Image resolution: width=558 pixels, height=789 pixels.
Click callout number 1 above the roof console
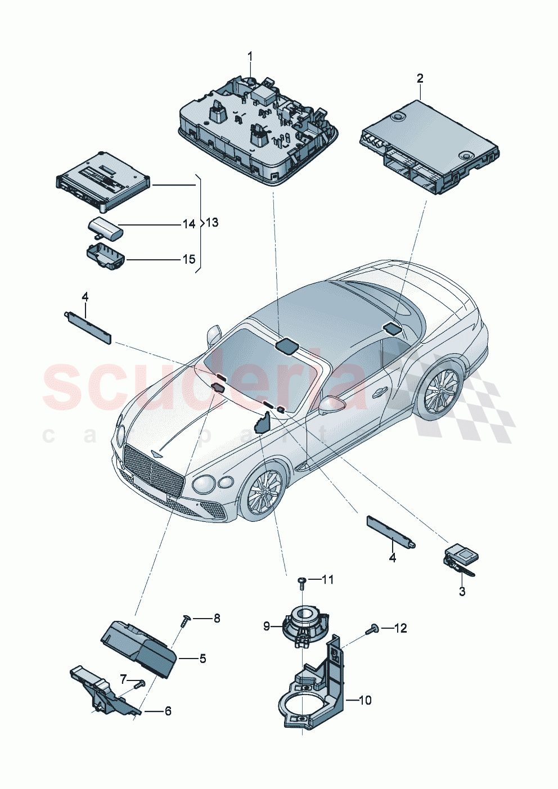(250, 56)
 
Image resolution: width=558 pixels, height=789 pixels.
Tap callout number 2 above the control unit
(420, 78)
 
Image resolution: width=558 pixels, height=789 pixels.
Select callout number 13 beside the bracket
(211, 223)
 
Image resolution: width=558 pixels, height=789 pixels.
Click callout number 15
(188, 259)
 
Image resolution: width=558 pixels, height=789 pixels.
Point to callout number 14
(188, 224)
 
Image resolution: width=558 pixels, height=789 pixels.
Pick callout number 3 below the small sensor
(462, 592)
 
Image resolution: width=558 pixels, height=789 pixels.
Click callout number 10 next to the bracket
(365, 700)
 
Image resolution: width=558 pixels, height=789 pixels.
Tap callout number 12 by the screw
(400, 628)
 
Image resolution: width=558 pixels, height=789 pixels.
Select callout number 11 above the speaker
(327, 579)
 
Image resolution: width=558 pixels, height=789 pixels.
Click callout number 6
(168, 711)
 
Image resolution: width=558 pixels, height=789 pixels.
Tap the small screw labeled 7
(139, 683)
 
